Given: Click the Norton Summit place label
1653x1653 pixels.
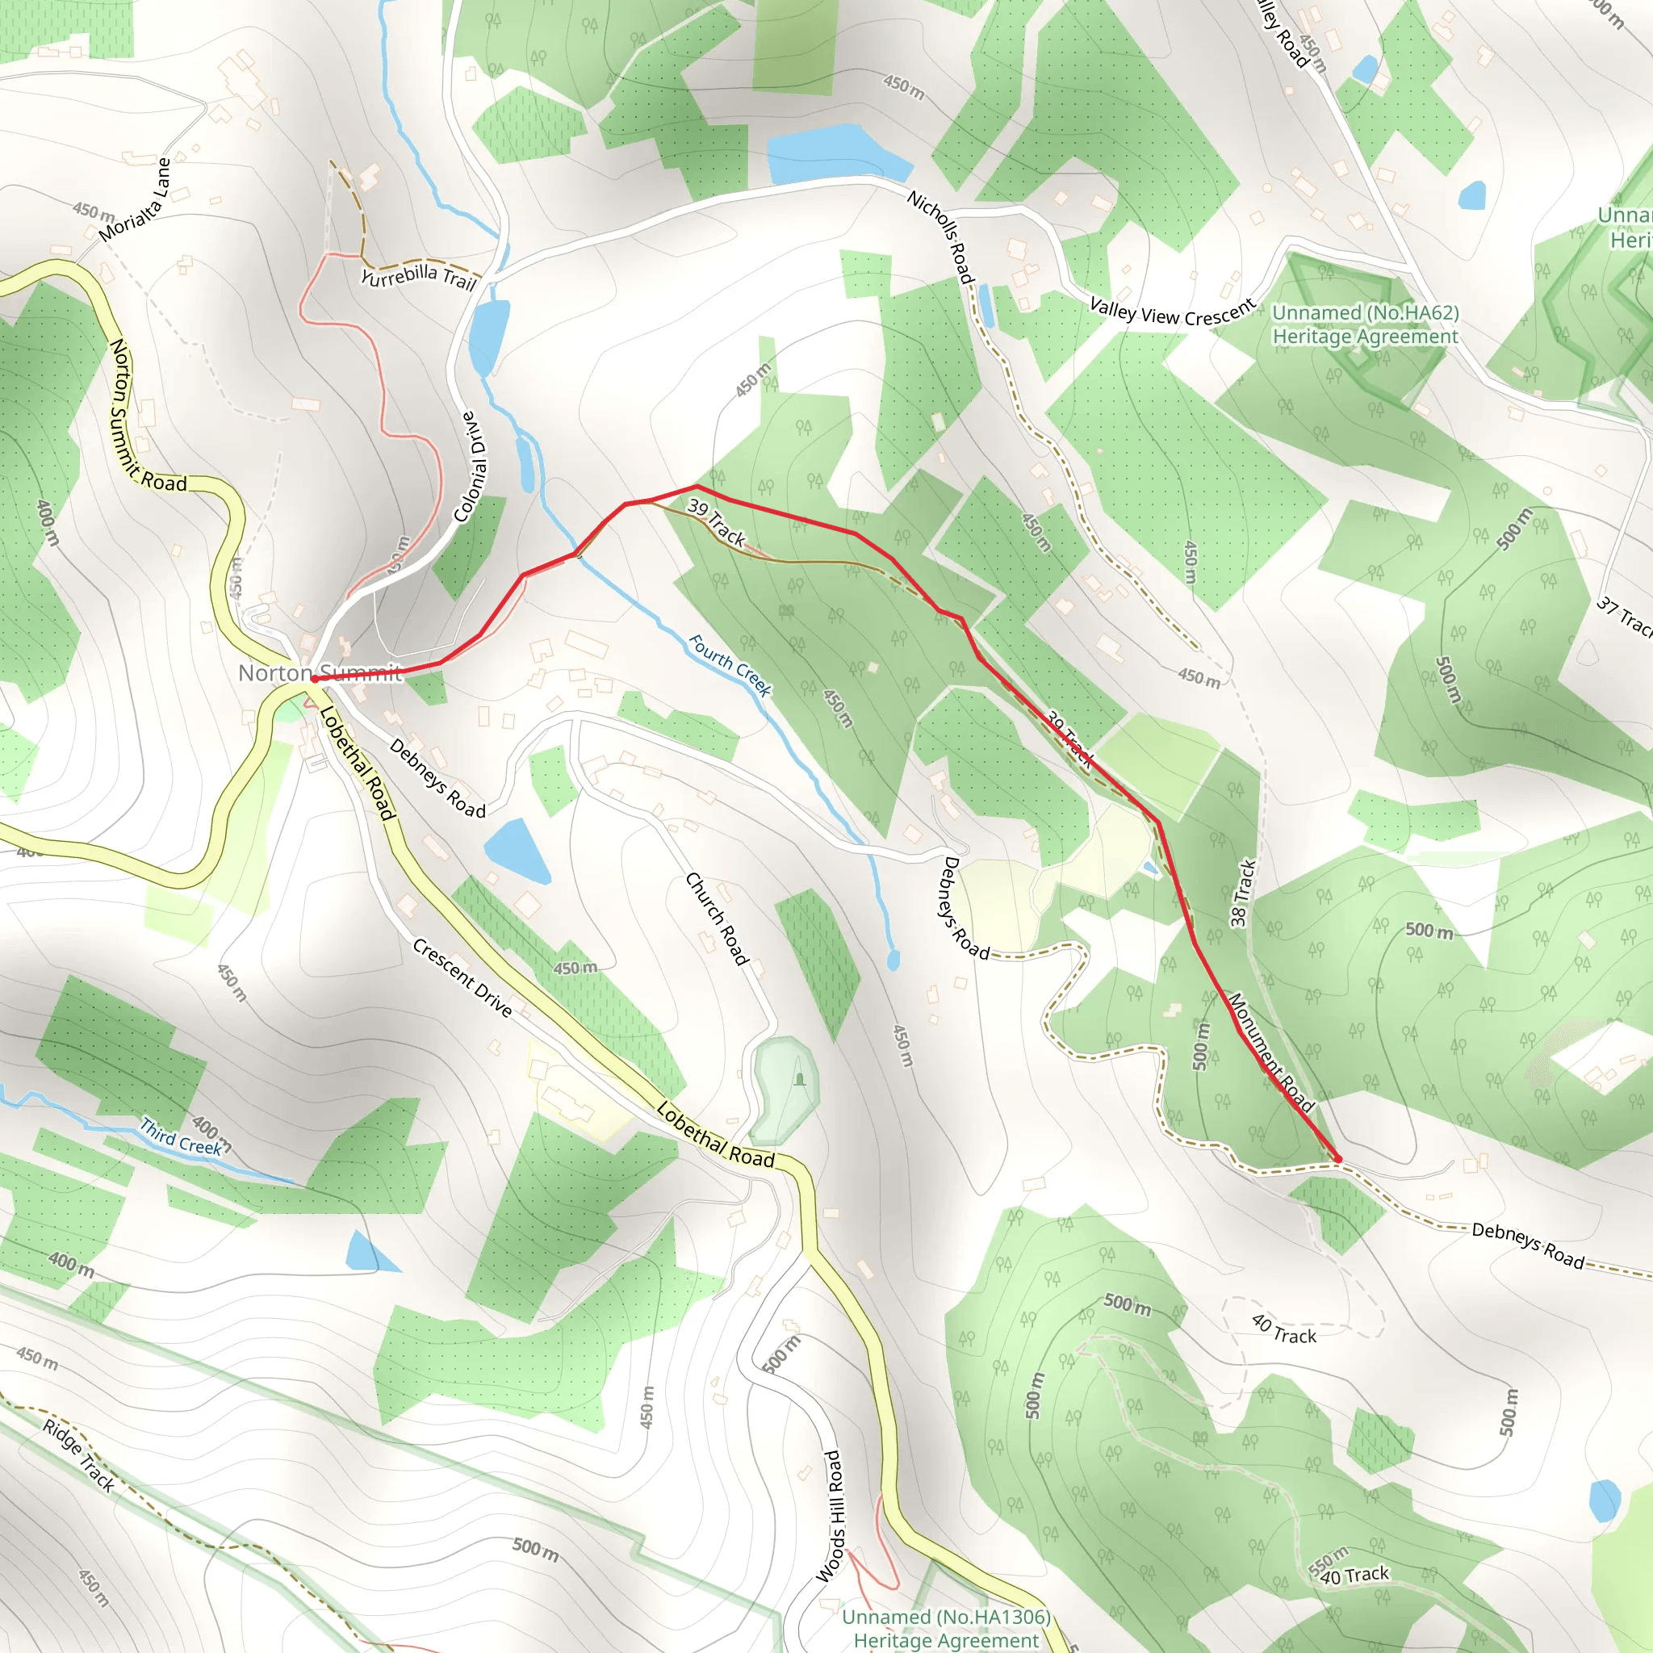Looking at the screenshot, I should click(319, 673).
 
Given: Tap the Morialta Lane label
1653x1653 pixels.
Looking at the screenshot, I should click(135, 200).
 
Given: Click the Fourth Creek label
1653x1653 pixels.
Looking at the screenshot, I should click(730, 665).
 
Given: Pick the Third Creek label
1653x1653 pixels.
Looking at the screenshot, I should click(182, 1136).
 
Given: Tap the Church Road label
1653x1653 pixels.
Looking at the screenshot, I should click(717, 919).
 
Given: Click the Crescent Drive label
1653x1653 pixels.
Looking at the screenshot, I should click(462, 978).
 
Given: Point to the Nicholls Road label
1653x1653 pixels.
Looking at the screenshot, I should click(940, 237).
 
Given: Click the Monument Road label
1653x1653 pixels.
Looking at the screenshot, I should click(1270, 1052).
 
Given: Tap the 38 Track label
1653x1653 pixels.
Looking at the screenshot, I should click(1242, 893).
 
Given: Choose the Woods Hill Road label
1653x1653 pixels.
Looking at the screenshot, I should click(831, 1515).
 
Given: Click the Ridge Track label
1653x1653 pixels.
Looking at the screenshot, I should click(79, 1455).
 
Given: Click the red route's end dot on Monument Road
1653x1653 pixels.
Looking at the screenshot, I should click(1337, 1160).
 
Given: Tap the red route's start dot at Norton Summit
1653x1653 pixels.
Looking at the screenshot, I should click(315, 679).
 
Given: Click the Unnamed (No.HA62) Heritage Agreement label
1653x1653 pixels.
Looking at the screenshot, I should click(1365, 324).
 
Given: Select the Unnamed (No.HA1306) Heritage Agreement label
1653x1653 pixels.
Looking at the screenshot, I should click(945, 1628).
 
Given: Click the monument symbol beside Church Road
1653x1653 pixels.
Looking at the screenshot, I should click(799, 1079).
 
